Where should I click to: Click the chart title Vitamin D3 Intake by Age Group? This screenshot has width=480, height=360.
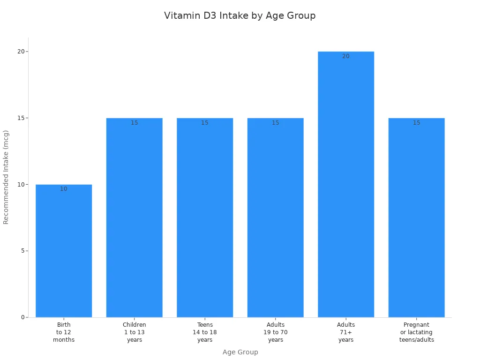[x=240, y=15]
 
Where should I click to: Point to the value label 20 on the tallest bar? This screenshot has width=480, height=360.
[x=346, y=56]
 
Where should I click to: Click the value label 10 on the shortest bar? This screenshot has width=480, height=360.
[x=64, y=189]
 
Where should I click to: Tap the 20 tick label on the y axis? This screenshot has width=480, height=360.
[x=21, y=52]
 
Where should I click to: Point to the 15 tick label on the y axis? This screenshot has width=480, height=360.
[x=21, y=118]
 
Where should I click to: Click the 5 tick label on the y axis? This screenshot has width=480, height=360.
[x=22, y=251]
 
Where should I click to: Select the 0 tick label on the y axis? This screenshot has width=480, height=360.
[x=22, y=317]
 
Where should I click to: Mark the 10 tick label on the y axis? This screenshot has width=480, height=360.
[x=21, y=184]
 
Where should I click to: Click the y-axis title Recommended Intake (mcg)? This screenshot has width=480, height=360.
[x=6, y=177]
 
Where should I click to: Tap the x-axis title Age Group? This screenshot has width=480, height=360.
[x=240, y=352]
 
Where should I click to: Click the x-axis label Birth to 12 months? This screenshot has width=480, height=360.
[x=64, y=332]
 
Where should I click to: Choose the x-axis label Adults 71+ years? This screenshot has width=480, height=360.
[x=346, y=332]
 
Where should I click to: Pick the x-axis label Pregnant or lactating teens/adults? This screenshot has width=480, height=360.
[x=416, y=332]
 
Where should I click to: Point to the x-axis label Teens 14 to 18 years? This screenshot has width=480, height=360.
[x=205, y=332]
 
